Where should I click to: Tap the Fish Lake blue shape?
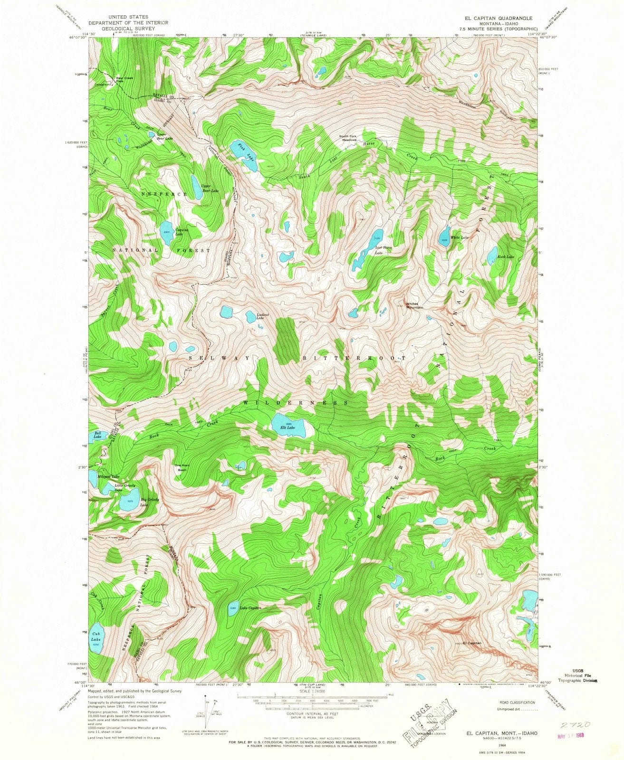click(x=242, y=152)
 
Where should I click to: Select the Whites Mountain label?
click(x=414, y=305)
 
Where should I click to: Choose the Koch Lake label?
click(x=506, y=257)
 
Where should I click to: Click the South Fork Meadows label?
click(x=347, y=139)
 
